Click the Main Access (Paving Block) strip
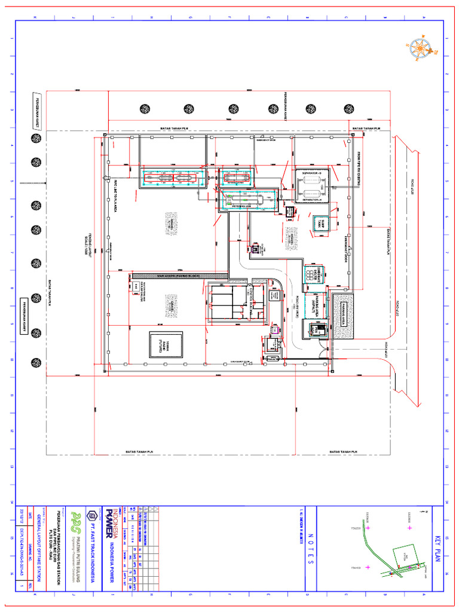179,276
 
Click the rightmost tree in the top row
349,109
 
